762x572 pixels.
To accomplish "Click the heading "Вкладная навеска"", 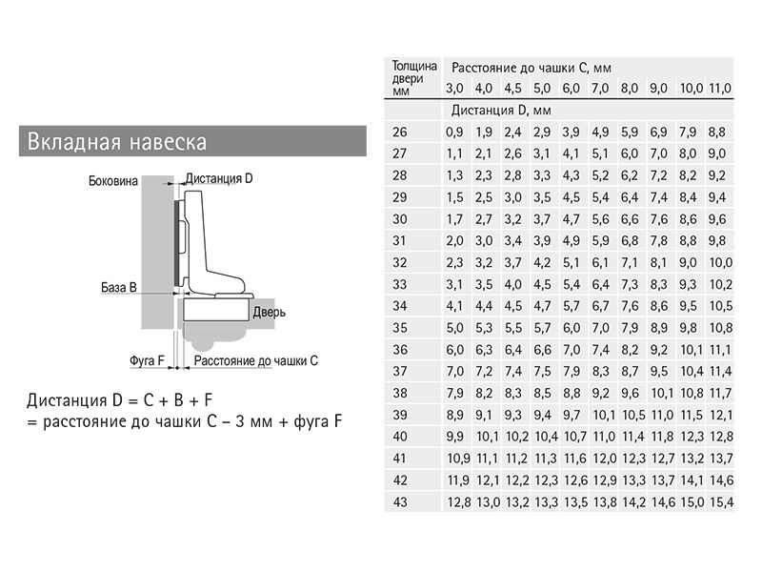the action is [117, 141].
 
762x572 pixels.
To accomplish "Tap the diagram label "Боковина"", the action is [113, 181].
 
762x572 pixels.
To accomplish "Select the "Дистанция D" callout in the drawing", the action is [219, 178].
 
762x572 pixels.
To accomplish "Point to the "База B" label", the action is [119, 287].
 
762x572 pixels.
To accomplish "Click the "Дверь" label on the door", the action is [270, 312].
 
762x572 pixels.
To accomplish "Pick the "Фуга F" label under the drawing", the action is [148, 361].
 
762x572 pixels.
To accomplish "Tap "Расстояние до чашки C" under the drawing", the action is [256, 361].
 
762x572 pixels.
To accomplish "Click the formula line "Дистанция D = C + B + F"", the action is [120, 399].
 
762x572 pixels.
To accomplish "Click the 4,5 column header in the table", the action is [512, 89].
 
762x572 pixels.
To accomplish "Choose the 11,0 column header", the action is [720, 89].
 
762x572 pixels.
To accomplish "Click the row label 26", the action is [400, 132].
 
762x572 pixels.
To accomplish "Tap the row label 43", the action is [400, 502].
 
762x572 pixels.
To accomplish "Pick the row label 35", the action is [400, 328].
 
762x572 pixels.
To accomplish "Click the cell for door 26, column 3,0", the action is [455, 132].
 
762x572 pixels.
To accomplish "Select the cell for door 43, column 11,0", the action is [721, 502].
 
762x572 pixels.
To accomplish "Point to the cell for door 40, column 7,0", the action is [605, 437].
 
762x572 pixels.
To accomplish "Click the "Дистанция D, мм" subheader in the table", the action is [501, 111].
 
